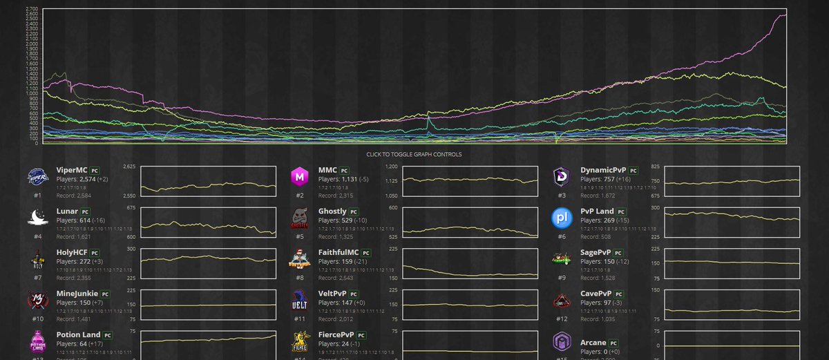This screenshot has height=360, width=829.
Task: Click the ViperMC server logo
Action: click(x=37, y=177)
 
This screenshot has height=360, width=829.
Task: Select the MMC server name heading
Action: click(x=327, y=169)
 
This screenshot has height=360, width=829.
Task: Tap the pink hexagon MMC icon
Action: click(x=299, y=177)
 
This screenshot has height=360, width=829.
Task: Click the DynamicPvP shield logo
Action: click(x=561, y=177)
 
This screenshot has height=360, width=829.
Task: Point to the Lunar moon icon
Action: click(x=37, y=218)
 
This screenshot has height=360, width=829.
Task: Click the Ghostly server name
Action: click(x=333, y=210)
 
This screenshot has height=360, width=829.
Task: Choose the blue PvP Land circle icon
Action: click(x=561, y=218)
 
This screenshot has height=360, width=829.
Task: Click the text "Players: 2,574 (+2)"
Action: click(x=82, y=179)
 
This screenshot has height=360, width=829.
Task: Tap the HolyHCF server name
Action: click(x=72, y=252)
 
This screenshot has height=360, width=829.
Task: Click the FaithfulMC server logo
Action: click(x=299, y=260)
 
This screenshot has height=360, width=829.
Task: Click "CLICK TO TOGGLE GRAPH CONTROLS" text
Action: click(x=414, y=154)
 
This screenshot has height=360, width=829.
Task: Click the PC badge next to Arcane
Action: click(x=614, y=343)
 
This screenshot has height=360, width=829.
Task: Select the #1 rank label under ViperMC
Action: click(x=37, y=195)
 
